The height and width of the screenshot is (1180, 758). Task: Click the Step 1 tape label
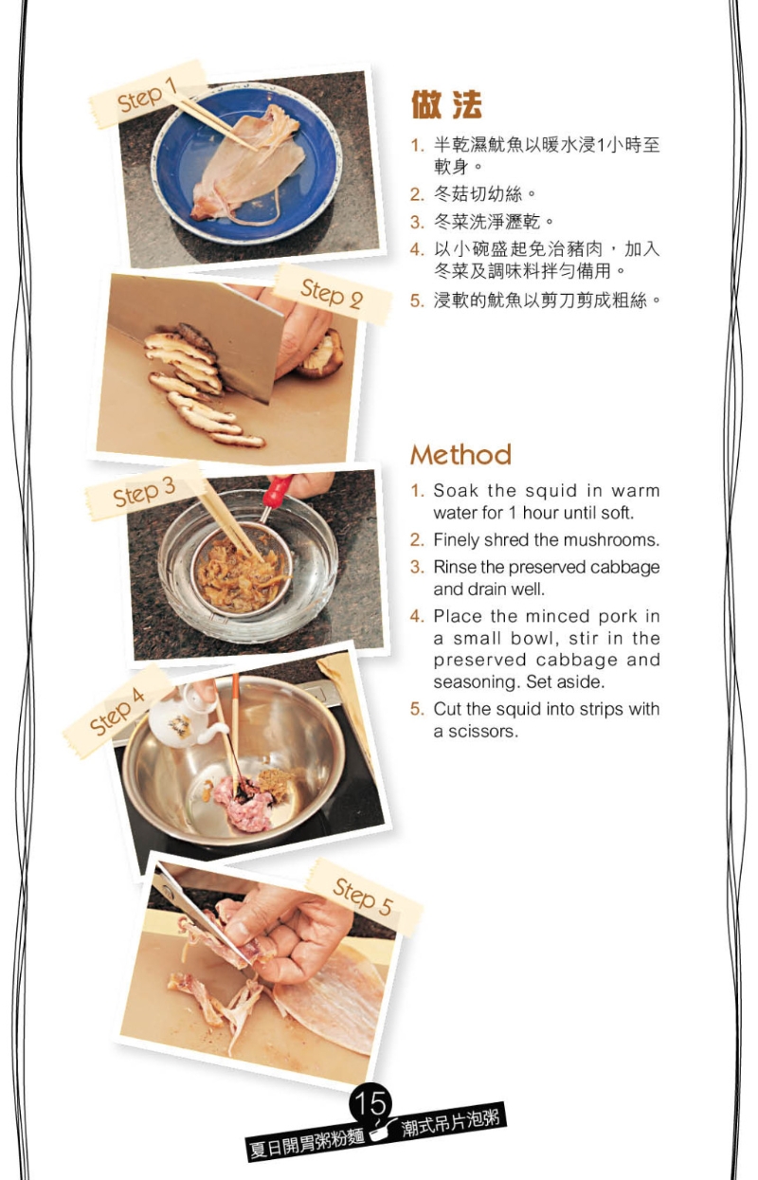149,94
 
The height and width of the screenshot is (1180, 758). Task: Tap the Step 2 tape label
333,294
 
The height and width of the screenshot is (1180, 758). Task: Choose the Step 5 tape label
364,897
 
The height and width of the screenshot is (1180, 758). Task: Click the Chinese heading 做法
446,104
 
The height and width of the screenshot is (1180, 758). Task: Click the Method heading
460,454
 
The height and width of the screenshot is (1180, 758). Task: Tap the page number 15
370,1102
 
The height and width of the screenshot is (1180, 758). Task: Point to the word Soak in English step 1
456,490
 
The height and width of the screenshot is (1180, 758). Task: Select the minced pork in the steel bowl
244,802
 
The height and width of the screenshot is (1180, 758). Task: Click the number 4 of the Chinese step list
417,249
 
